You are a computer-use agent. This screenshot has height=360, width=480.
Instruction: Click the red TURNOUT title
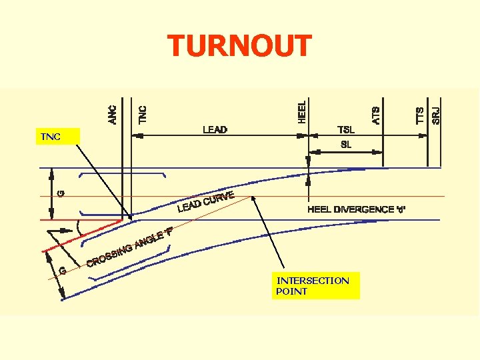pyautogui.click(x=239, y=46)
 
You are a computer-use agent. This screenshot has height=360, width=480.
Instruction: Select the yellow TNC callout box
pyautogui.click(x=57, y=137)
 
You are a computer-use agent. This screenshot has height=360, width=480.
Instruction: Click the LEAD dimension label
pyautogui.click(x=215, y=129)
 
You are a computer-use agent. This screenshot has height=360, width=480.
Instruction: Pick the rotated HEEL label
pyautogui.click(x=302, y=111)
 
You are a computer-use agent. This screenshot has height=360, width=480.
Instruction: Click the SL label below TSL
pyautogui.click(x=346, y=144)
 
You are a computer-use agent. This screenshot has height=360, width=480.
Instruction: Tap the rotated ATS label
pyautogui.click(x=376, y=114)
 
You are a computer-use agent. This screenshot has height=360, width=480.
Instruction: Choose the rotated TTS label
pyautogui.click(x=420, y=114)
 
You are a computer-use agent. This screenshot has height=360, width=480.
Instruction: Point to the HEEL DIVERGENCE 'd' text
pyautogui.click(x=356, y=209)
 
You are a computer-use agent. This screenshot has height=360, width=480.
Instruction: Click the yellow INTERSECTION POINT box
pyautogui.click(x=316, y=285)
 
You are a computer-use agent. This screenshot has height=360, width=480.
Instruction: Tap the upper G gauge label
pyautogui.click(x=61, y=193)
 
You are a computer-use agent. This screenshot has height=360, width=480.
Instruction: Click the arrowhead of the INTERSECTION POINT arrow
pyautogui.click(x=254, y=197)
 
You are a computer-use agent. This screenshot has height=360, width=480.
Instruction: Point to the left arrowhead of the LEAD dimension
pyautogui.click(x=139, y=135)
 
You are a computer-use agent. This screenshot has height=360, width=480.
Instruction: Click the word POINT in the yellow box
pyautogui.click(x=292, y=291)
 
